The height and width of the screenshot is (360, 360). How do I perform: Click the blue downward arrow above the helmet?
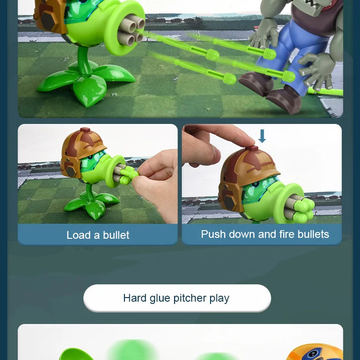point(262,136)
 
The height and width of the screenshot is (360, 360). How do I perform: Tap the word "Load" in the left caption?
point(78,235)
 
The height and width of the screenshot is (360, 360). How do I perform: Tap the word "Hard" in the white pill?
point(135,298)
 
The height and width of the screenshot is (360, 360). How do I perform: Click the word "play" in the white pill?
point(219,298)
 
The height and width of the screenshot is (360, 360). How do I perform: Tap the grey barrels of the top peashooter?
point(132,30)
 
